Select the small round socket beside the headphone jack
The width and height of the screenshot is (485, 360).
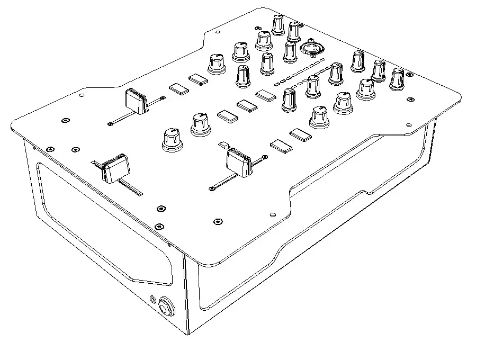[153, 300]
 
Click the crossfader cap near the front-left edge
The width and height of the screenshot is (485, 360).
[115, 168]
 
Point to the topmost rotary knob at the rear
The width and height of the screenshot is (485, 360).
[279, 24]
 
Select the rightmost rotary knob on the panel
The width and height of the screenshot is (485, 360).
[397, 78]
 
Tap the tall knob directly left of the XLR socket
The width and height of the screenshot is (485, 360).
[290, 52]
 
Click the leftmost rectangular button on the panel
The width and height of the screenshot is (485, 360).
[178, 88]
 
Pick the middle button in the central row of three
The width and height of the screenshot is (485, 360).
[246, 105]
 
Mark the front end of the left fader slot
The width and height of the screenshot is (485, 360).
[110, 124]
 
